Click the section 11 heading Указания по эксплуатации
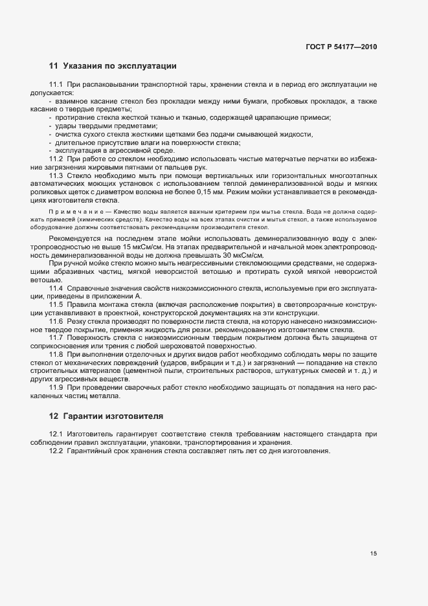point(113,66)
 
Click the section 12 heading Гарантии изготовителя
point(106,415)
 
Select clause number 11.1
point(56,85)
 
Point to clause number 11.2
point(56,159)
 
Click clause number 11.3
point(56,176)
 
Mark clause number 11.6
point(56,322)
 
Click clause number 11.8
point(56,355)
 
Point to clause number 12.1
point(56,433)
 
